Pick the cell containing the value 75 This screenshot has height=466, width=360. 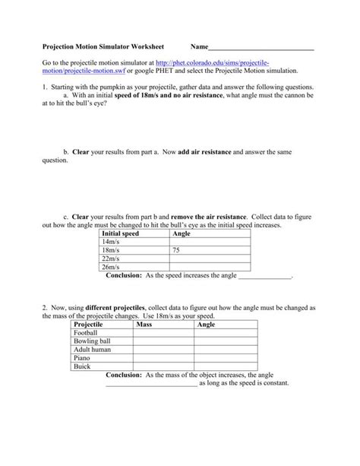click(x=176, y=250)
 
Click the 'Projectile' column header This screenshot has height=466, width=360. click(x=88, y=324)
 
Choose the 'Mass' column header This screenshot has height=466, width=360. click(x=144, y=324)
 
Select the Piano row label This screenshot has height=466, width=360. click(x=82, y=357)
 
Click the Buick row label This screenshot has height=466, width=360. click(x=82, y=366)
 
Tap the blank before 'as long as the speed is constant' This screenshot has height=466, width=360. click(x=151, y=385)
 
